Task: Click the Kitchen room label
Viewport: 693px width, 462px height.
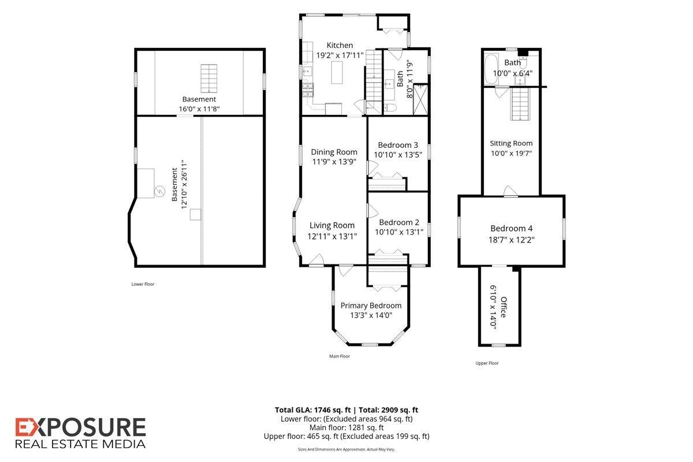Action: click(340, 45)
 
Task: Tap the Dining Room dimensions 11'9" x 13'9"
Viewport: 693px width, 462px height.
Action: click(334, 162)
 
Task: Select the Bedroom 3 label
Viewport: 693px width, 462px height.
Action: click(398, 145)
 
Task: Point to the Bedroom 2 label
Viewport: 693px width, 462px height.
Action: click(399, 222)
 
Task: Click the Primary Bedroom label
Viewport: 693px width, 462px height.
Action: click(371, 305)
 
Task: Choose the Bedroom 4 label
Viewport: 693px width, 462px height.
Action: click(512, 228)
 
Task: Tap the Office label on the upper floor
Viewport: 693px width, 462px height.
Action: click(504, 307)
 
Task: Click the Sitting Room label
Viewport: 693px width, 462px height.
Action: click(511, 143)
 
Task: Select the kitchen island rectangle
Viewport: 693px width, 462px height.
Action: click(337, 72)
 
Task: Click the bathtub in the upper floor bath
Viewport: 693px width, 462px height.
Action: click(491, 69)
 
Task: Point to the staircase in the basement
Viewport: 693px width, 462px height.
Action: click(209, 79)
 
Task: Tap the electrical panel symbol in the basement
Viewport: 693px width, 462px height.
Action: click(159, 191)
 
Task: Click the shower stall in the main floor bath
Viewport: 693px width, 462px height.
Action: click(421, 99)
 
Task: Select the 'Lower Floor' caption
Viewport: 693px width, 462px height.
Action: click(143, 284)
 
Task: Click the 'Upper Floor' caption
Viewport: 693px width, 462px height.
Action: click(487, 363)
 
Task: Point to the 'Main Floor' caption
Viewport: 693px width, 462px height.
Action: click(340, 356)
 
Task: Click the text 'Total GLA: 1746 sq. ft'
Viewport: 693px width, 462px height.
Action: click(313, 410)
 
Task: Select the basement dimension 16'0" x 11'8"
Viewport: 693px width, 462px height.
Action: click(199, 109)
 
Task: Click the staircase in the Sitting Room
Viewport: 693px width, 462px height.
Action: click(520, 105)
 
